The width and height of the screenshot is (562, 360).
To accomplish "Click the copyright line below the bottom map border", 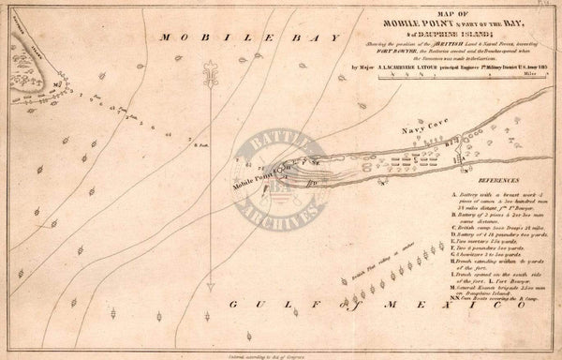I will [x=273, y=354].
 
